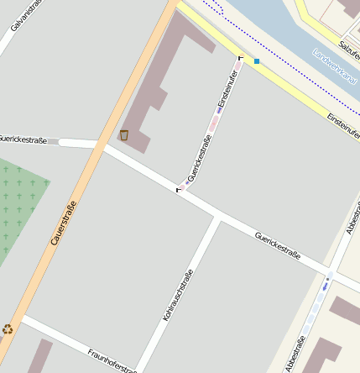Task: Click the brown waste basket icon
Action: (124, 135)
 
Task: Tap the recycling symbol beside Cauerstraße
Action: (8, 329)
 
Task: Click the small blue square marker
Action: (257, 61)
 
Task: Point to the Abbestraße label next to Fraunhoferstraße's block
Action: (295, 354)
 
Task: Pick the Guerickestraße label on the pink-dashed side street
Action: (198, 157)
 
